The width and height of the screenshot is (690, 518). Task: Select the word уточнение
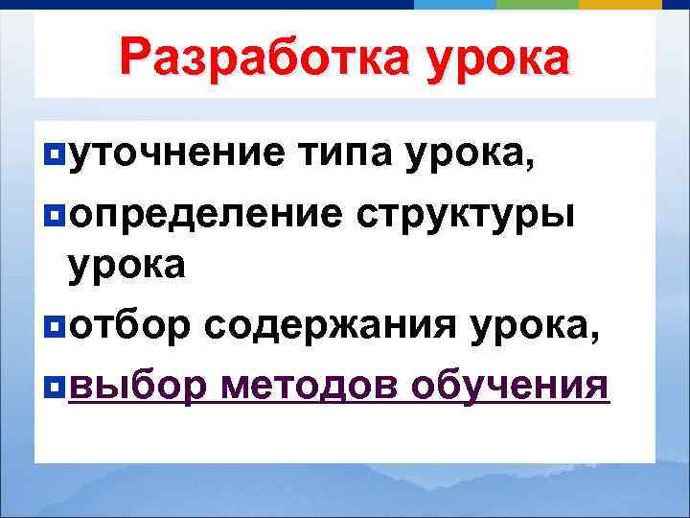(174, 153)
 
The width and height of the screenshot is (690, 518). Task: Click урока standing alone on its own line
(126, 266)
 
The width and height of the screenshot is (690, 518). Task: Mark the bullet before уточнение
(54, 154)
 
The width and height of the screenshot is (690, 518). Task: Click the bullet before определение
(54, 213)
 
